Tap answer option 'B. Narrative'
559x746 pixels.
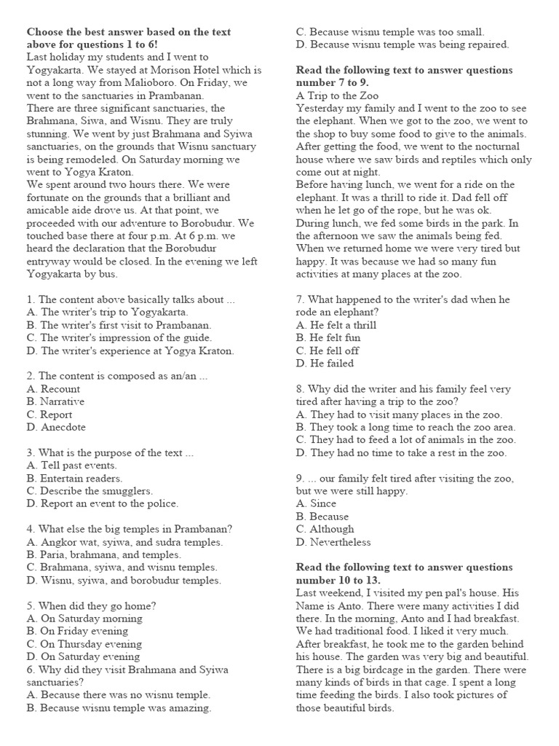pos(55,401)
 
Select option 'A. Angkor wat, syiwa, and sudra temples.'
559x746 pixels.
pos(124,542)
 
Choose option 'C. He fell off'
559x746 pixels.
pos(328,350)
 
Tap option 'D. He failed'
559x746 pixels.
pos(325,363)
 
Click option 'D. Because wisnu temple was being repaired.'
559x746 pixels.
pos(403,44)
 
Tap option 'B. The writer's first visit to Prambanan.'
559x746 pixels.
pos(119,325)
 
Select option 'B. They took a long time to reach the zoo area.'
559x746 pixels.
pos(405,427)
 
